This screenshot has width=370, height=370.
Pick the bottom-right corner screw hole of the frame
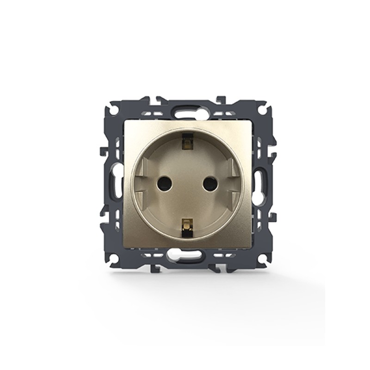point(261,259)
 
